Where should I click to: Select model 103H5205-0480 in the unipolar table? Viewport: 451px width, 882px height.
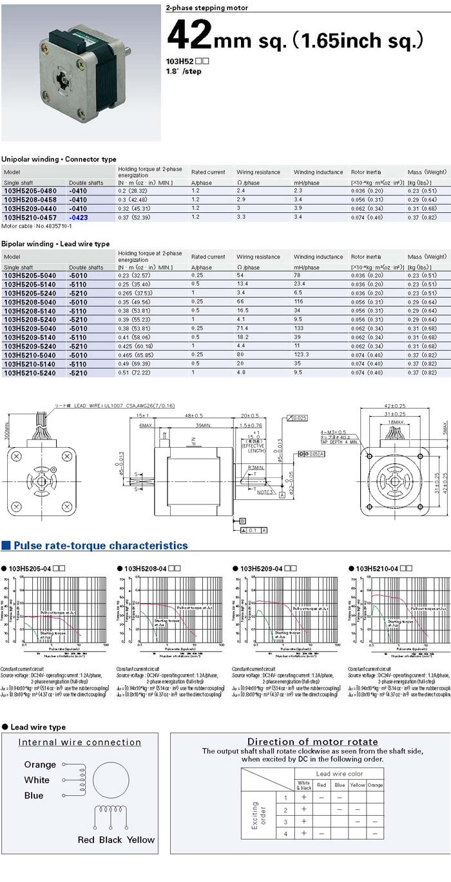pos(30,191)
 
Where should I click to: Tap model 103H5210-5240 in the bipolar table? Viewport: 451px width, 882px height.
pos(30,372)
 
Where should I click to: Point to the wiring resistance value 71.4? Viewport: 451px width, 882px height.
pos(243,328)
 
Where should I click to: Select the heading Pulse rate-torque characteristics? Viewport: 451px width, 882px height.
pos(101,546)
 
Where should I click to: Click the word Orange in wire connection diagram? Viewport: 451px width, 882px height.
pos(40,764)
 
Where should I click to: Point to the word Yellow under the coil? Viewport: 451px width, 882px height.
pos(140,840)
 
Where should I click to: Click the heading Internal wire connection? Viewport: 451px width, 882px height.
pos(80,742)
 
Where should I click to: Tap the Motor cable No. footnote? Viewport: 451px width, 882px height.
pos(37,226)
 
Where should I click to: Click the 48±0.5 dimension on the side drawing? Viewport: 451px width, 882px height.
pos(194,415)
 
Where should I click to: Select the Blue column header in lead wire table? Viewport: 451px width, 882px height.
pos(340,785)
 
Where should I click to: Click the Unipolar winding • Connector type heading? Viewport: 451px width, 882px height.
pos(59,159)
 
